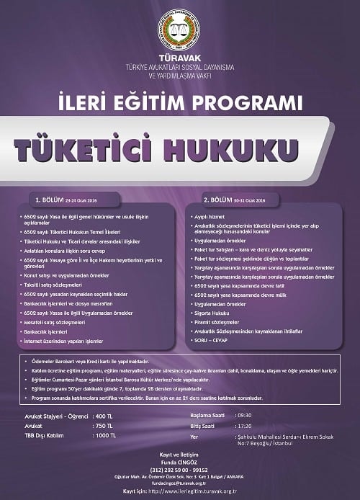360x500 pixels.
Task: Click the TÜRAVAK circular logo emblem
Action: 179,30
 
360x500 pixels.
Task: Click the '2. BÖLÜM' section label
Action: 218,200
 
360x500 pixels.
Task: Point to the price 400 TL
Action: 104,417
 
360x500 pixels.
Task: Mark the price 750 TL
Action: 104,426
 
